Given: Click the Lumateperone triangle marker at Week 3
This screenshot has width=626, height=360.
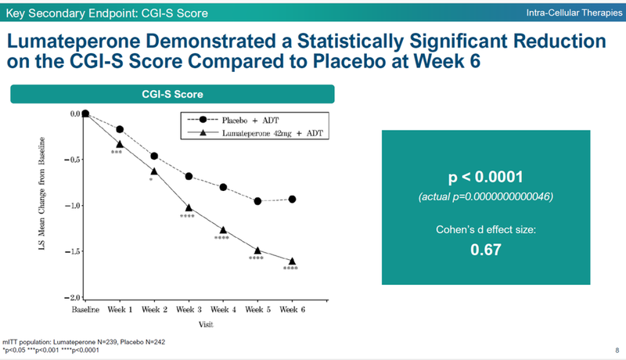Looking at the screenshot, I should click(x=189, y=208).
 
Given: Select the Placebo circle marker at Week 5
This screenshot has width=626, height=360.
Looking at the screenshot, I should click(x=257, y=201).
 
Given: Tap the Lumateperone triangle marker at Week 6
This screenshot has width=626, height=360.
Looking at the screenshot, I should click(x=292, y=261).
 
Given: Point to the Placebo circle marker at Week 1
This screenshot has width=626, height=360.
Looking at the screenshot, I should click(x=120, y=129).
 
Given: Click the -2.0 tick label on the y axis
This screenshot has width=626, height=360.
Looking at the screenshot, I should click(x=74, y=298).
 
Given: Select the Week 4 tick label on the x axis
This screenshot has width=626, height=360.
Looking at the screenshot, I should click(x=223, y=310).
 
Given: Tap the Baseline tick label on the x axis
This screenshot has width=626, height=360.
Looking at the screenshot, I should click(x=85, y=310).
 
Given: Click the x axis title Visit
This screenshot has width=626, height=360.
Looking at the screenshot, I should click(x=188, y=322).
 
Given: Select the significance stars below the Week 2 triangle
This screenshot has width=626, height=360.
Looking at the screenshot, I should click(x=152, y=180).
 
